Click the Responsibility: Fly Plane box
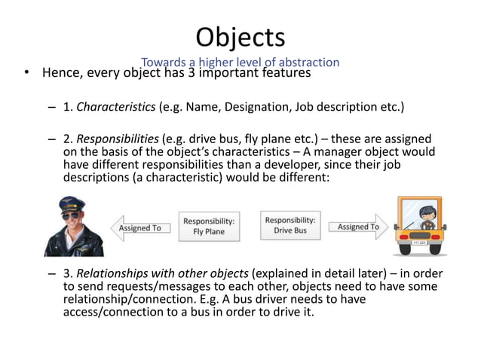click(209, 226)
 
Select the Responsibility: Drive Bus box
click(290, 225)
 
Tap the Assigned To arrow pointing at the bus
click(360, 227)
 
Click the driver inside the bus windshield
click(420, 216)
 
